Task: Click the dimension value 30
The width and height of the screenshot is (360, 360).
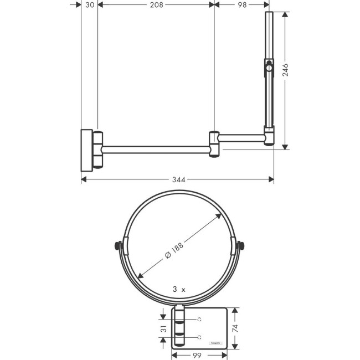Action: (89, 5)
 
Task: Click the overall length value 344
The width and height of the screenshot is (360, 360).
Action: (178, 179)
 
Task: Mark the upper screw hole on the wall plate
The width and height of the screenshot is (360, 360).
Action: (200, 320)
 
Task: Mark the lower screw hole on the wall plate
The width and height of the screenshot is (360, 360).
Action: (200, 337)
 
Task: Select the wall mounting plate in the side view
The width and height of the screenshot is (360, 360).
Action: (87, 148)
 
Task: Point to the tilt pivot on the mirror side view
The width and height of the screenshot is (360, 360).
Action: (269, 69)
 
